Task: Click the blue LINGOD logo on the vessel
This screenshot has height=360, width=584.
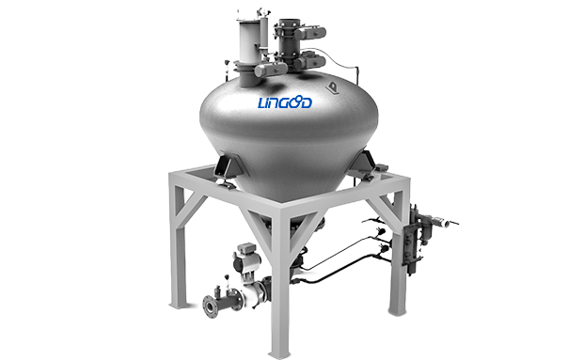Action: [285, 102]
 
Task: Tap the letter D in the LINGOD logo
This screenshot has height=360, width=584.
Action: [307, 102]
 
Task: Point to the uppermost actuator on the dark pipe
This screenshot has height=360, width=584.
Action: [310, 33]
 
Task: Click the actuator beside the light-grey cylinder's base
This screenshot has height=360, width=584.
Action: [271, 70]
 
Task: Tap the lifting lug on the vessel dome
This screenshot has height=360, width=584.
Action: [331, 88]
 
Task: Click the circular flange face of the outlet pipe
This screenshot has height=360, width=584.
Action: [211, 306]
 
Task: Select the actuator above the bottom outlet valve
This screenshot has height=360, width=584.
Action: [245, 257]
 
